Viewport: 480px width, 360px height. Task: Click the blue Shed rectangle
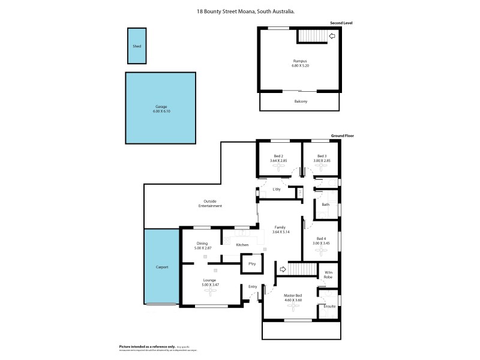click(x=136, y=46)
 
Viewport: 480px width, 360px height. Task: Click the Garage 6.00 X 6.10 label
click(x=160, y=109)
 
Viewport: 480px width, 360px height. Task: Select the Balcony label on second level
click(x=301, y=101)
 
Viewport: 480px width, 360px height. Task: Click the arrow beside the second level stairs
click(x=332, y=36)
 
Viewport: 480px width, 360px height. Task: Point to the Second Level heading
click(x=341, y=23)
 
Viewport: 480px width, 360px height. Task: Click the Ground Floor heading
click(x=342, y=136)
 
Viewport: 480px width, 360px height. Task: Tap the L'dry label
click(x=277, y=190)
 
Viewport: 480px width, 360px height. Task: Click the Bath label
click(x=326, y=205)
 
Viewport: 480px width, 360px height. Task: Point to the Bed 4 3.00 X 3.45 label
click(x=321, y=241)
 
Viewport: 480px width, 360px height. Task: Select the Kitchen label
click(x=242, y=245)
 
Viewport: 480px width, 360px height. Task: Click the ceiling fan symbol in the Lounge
click(x=211, y=292)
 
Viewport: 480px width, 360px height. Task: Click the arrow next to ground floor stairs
click(x=283, y=269)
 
